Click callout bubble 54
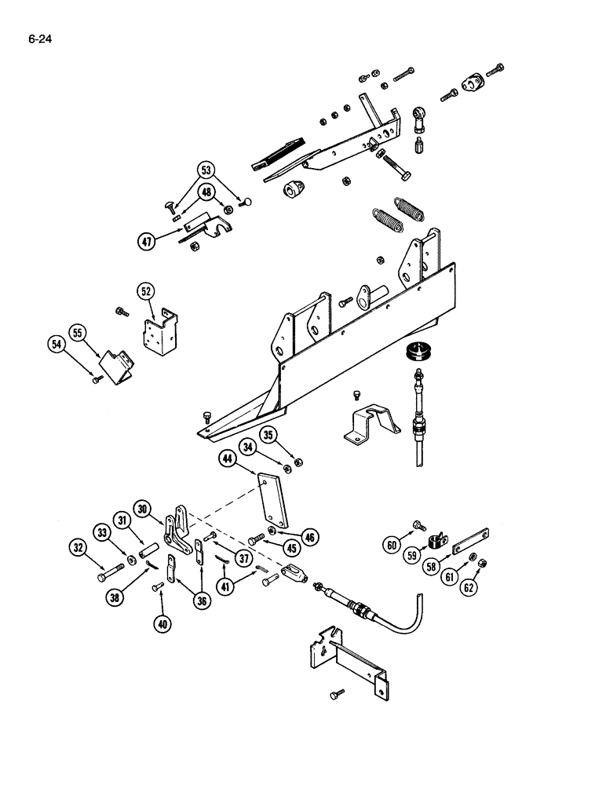tap(55, 344)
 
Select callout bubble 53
tap(206, 170)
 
